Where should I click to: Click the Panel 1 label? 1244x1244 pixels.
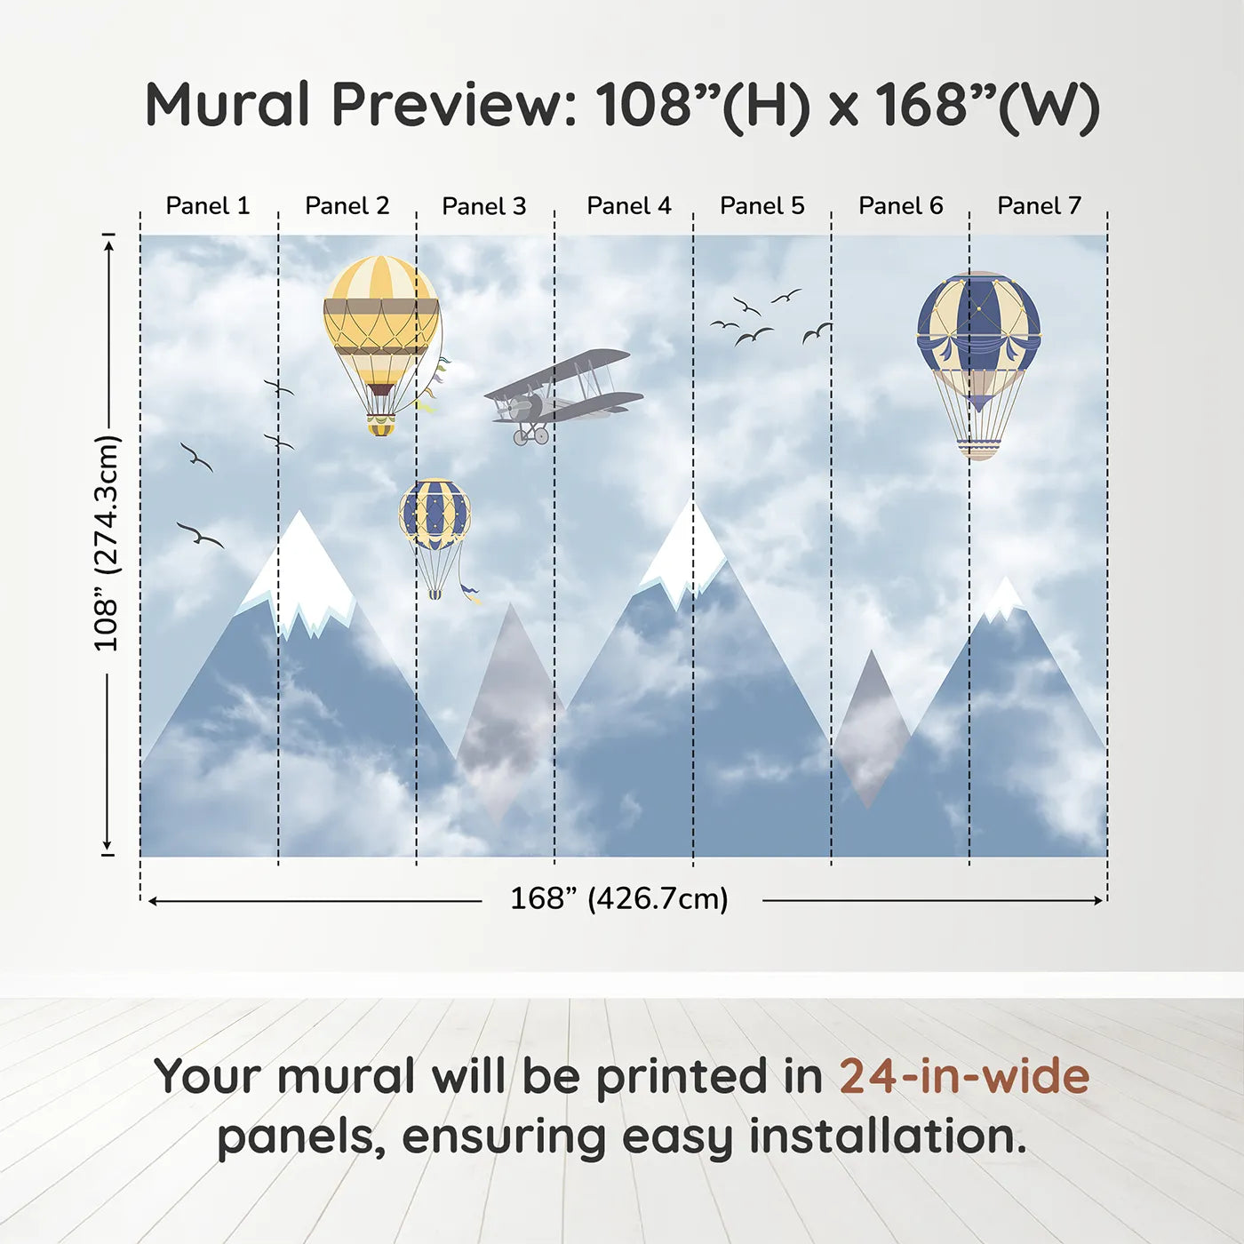(207, 206)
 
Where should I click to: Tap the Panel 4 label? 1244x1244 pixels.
(629, 206)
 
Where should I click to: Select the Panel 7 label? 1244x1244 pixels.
(1039, 206)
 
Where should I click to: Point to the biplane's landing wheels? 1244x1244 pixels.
(530, 435)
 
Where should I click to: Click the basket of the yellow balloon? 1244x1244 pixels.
(381, 426)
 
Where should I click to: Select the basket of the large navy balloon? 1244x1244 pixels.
(978, 449)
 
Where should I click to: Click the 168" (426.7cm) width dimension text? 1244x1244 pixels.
(619, 898)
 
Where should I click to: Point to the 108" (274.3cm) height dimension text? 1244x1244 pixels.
(108, 543)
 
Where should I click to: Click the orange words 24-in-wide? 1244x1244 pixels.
(964, 1076)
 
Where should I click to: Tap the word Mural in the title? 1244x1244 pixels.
(227, 104)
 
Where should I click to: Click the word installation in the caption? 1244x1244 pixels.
(888, 1136)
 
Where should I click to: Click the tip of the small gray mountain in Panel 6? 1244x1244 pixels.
(871, 650)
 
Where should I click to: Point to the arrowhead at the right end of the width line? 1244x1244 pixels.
(1098, 900)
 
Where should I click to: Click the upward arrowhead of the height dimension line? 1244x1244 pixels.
(109, 244)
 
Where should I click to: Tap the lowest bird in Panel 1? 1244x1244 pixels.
(200, 535)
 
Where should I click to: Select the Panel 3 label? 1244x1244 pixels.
(484, 206)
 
